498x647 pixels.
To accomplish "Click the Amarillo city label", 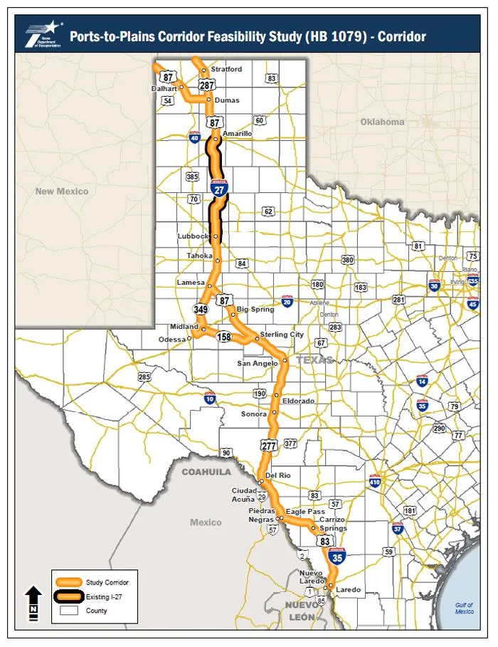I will (x=237, y=133).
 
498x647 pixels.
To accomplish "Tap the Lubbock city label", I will (x=194, y=236).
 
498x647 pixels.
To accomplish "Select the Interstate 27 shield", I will (x=219, y=189).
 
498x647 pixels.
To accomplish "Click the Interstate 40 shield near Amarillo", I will (x=194, y=137).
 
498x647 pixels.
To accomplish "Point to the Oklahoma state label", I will (x=382, y=122).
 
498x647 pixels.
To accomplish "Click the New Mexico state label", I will (x=62, y=191).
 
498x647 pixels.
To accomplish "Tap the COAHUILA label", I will (x=206, y=472).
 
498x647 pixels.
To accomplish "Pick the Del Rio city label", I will (x=279, y=475).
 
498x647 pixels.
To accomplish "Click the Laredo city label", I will (x=349, y=590).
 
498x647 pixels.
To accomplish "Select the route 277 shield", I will (x=269, y=446).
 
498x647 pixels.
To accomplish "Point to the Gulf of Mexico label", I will (x=465, y=609).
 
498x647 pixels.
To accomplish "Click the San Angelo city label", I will (x=258, y=364).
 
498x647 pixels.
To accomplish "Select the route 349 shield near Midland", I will (x=200, y=309).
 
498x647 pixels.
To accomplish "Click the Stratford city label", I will (x=226, y=69).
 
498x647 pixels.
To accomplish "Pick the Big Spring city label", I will (x=255, y=310).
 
